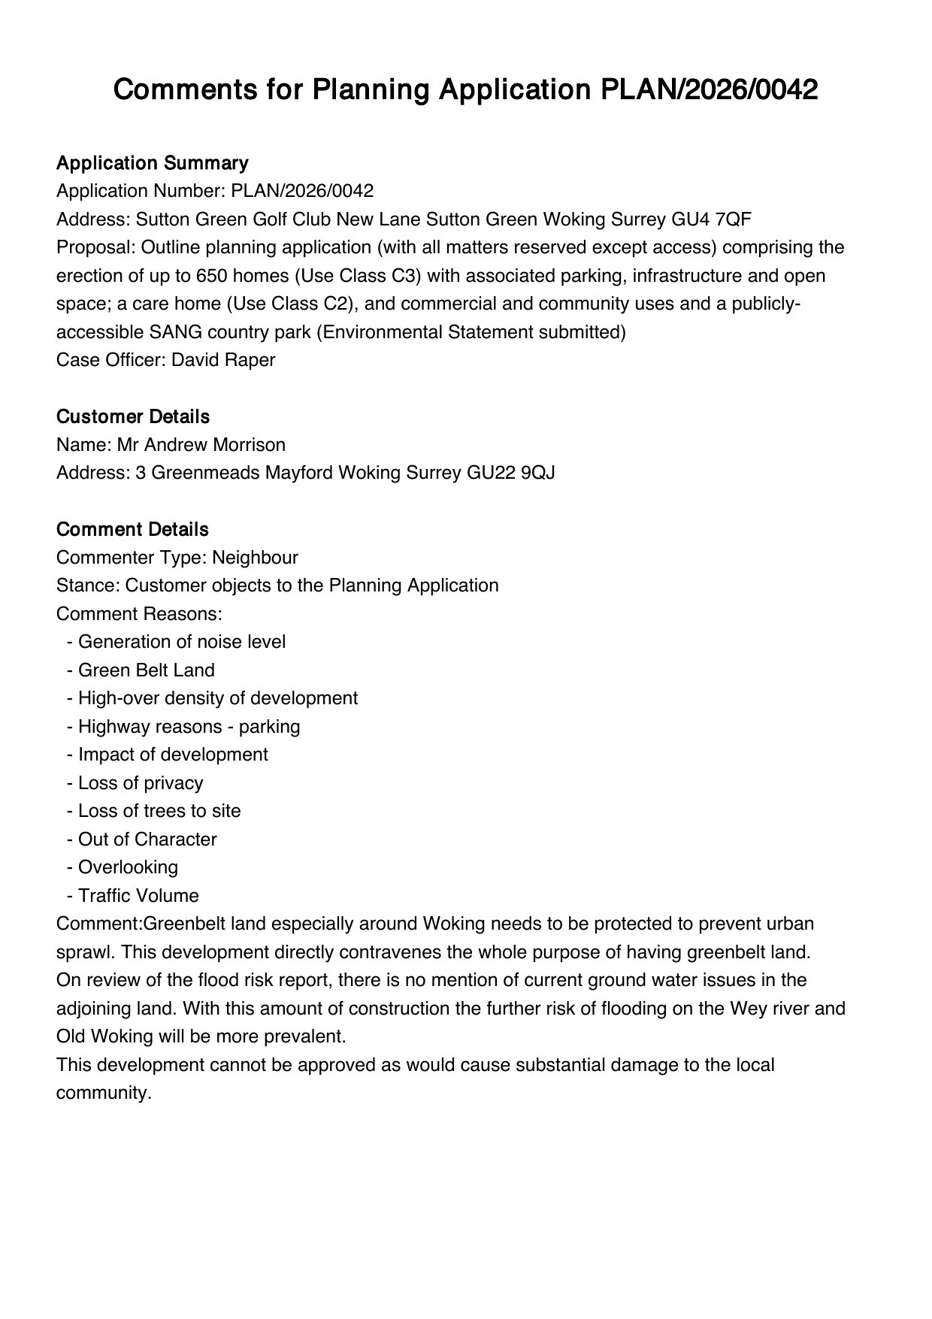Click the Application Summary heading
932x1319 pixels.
pos(152,163)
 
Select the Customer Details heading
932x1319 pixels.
pos(133,416)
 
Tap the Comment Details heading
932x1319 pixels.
pos(132,529)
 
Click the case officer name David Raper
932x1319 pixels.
pos(223,360)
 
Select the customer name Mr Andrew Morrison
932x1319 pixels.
pos(201,445)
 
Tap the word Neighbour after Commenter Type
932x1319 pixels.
pos(255,558)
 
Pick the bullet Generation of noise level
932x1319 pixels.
pos(181,642)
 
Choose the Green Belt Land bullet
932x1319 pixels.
pos(146,670)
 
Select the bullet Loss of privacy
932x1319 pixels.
pos(141,783)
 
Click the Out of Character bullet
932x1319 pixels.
pos(147,840)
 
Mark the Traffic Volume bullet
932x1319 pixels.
pos(138,896)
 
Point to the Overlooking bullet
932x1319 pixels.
pos(128,867)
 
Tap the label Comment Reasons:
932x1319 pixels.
pos(139,614)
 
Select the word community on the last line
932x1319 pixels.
pos(104,1093)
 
